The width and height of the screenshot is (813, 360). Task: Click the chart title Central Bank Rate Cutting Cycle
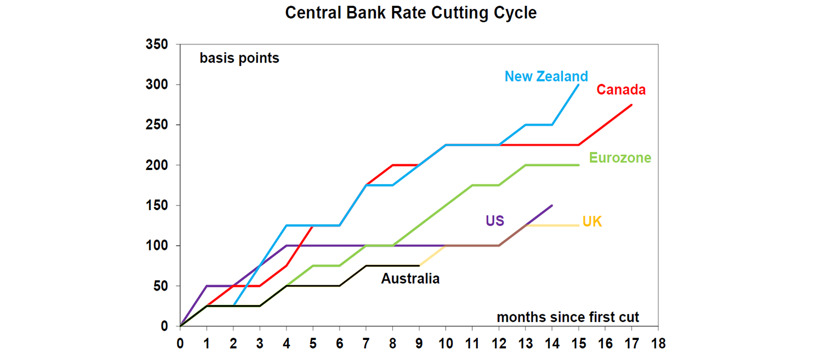coord(411,13)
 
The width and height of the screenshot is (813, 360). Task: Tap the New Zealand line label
coord(546,76)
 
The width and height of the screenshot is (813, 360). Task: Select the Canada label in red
coord(621,90)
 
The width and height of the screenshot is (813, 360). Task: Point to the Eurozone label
coord(620,158)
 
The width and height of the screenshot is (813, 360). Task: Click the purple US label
coord(495,221)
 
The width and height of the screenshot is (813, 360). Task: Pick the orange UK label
coord(592,222)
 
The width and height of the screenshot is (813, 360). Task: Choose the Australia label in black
coord(410,278)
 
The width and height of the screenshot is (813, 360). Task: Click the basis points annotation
coord(239,58)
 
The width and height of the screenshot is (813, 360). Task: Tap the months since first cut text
coord(567,318)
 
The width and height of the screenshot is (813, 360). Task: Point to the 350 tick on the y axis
coord(157,44)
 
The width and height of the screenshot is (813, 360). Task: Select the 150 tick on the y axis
coord(157,205)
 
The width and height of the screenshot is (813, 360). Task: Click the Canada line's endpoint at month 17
coord(631,105)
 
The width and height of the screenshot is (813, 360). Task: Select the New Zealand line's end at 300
coord(579,85)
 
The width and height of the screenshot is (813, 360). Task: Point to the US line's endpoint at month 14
coord(552,205)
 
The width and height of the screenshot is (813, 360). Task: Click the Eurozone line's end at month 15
coord(579,165)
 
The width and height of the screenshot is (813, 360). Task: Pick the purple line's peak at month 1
coord(207,286)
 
